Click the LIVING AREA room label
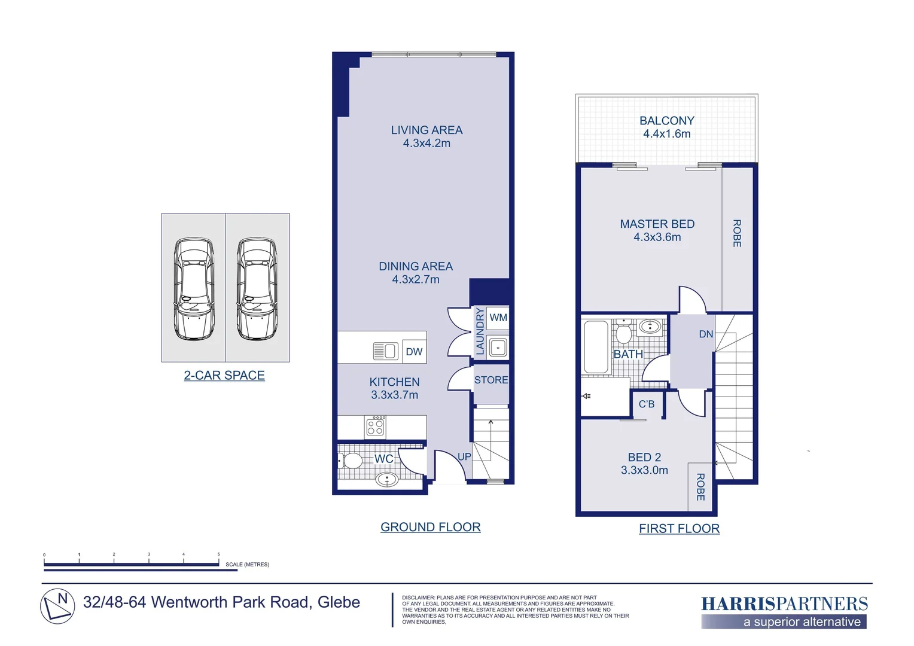(x=426, y=130)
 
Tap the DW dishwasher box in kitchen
(x=414, y=352)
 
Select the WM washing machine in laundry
(x=498, y=318)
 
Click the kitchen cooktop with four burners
(x=376, y=427)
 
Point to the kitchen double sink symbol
(x=385, y=351)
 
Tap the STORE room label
(x=491, y=380)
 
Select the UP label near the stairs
(x=464, y=456)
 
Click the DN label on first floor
(x=706, y=334)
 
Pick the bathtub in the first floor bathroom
(x=596, y=347)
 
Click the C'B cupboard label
(x=647, y=404)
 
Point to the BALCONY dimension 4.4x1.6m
(x=666, y=134)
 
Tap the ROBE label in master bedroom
(x=737, y=233)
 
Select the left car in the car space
(x=194, y=288)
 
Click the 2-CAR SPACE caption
(x=224, y=375)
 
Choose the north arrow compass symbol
(x=57, y=606)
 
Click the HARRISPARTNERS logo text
(x=784, y=604)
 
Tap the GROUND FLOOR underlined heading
(x=431, y=527)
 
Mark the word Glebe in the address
(x=339, y=602)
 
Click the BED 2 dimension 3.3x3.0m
(x=644, y=470)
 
